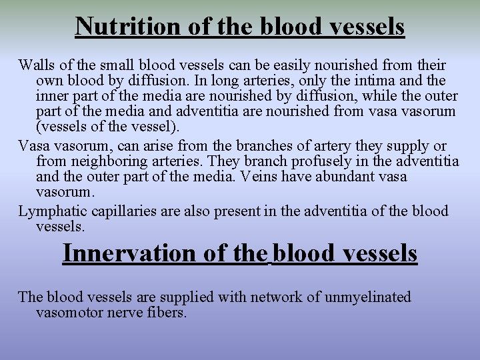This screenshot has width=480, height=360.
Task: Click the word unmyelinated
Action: [x=367, y=297]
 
